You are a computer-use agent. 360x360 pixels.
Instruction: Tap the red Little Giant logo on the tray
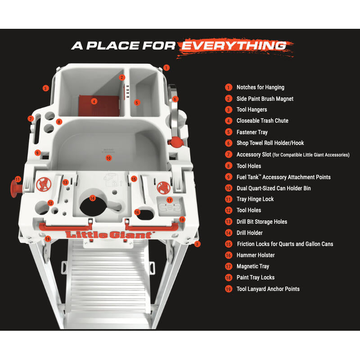pyautogui.click(x=109, y=234)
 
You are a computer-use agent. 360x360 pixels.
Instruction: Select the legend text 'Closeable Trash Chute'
pyautogui.click(x=262, y=121)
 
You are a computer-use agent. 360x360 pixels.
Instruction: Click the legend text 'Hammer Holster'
pyautogui.click(x=256, y=255)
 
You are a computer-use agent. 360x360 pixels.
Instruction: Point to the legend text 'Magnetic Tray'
pyautogui.click(x=253, y=266)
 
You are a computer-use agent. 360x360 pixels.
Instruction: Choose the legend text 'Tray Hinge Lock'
pyautogui.click(x=255, y=199)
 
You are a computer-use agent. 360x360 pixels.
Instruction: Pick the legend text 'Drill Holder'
pyautogui.click(x=250, y=233)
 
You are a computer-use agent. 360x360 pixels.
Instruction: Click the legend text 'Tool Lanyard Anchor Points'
pyautogui.click(x=268, y=289)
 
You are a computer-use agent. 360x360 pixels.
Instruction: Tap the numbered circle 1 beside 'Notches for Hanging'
pyautogui.click(x=229, y=87)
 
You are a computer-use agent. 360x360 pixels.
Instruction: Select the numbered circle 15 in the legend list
pyautogui.click(x=229, y=244)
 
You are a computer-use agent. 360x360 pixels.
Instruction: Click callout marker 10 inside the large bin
pyautogui.click(x=108, y=158)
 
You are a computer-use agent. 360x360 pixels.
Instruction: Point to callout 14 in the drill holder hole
pyautogui.click(x=93, y=198)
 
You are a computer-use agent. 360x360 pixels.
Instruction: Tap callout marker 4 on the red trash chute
pyautogui.click(x=94, y=101)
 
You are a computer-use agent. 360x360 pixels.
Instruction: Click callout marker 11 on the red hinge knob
pyautogui.click(x=18, y=179)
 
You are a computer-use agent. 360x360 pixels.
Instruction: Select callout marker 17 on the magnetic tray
pyautogui.click(x=170, y=199)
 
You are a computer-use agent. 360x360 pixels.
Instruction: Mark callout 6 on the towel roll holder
pyautogui.click(x=175, y=99)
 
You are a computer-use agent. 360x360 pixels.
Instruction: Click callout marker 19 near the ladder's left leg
pyautogui.click(x=48, y=239)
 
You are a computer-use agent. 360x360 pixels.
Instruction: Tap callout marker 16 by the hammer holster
pyautogui.click(x=137, y=212)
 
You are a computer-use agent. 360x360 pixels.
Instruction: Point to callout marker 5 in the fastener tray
pyautogui.click(x=137, y=103)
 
